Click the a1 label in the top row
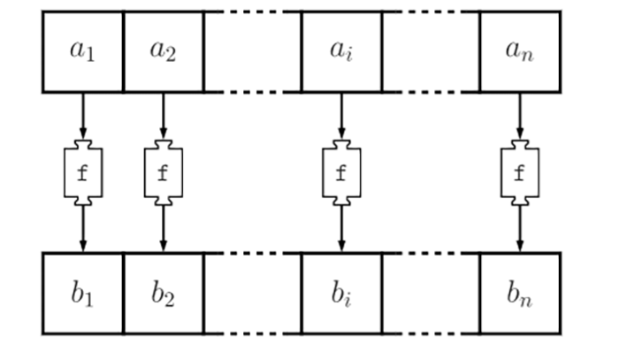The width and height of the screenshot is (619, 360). click(82, 51)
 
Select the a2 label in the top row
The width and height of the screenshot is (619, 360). click(163, 51)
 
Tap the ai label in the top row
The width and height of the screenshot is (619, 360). click(341, 51)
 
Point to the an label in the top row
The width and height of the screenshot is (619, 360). click(519, 51)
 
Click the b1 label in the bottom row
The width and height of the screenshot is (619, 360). click(82, 294)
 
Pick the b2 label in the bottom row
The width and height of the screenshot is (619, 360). click(163, 294)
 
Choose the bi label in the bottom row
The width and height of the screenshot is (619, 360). click(341, 294)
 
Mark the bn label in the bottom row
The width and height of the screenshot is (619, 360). click(519, 294)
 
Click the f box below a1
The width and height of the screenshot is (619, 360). click(83, 172)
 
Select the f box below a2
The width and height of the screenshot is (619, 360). click(163, 172)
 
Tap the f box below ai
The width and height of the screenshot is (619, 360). click(341, 172)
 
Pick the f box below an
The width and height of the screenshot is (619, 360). click(520, 172)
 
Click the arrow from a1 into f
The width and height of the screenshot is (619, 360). click(83, 115)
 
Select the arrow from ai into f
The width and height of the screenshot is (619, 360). click(341, 115)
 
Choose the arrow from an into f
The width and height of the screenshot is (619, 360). click(520, 115)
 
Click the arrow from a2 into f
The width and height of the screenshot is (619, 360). click(163, 115)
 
